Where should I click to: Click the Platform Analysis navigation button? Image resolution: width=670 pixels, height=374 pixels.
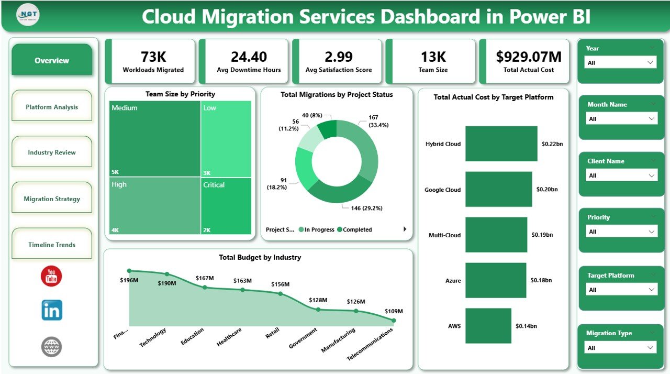pyautogui.click(x=51, y=107)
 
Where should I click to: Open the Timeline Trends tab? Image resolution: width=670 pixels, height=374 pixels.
pyautogui.click(x=51, y=245)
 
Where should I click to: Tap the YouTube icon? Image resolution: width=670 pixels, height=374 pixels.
pyautogui.click(x=51, y=276)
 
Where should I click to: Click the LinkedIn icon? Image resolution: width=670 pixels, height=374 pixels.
pyautogui.click(x=52, y=310)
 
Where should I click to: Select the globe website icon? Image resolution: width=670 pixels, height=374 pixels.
pyautogui.click(x=51, y=347)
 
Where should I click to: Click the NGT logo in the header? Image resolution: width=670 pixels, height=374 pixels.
pyautogui.click(x=28, y=15)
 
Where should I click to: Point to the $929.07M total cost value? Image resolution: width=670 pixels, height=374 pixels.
pyautogui.click(x=529, y=57)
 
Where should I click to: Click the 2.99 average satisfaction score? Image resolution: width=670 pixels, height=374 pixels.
pyautogui.click(x=338, y=57)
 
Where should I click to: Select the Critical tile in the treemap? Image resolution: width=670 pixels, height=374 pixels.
pyautogui.click(x=226, y=205)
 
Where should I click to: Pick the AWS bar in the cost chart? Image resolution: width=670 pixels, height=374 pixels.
pyautogui.click(x=488, y=326)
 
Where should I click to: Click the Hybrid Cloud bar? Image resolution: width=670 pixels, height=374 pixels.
pyautogui.click(x=501, y=144)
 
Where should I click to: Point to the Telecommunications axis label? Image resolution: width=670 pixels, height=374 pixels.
pyautogui.click(x=370, y=345)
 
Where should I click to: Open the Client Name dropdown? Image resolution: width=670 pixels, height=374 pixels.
pyautogui.click(x=620, y=175)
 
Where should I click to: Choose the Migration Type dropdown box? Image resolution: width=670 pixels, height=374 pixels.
pyautogui.click(x=620, y=348)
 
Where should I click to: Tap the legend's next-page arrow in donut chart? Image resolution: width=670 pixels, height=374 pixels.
pyautogui.click(x=405, y=229)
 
